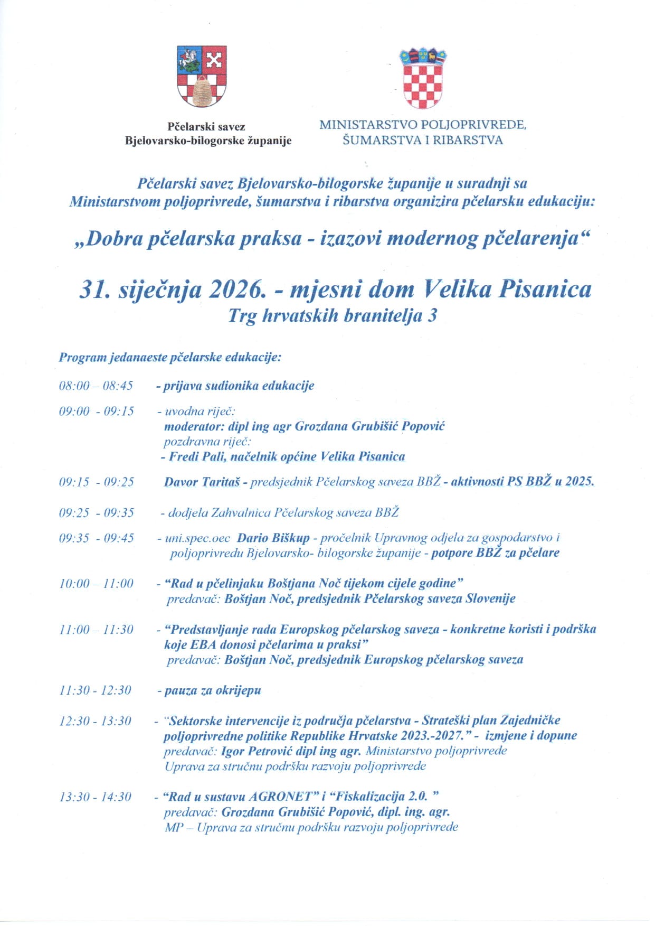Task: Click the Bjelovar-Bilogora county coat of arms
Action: click(202, 76)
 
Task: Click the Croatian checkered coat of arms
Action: click(423, 78)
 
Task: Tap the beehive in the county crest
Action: click(201, 91)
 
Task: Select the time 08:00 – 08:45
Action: click(96, 386)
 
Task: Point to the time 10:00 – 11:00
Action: click(96, 584)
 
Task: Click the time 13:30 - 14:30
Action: click(95, 797)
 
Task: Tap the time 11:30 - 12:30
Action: click(95, 690)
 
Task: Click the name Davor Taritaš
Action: click(202, 482)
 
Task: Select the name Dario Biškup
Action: click(273, 538)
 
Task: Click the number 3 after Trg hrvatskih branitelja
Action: click(432, 315)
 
